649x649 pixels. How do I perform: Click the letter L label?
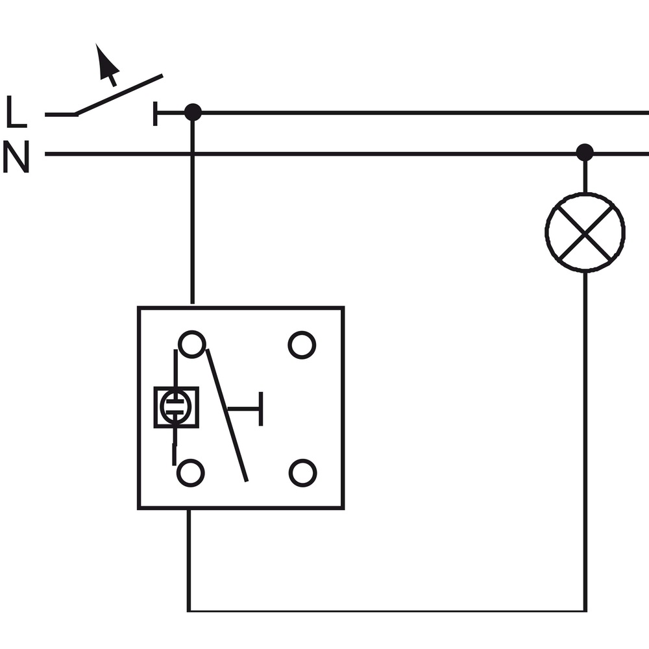click(x=17, y=111)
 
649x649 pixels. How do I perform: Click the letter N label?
click(x=16, y=156)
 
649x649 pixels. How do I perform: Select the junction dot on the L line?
click(x=193, y=112)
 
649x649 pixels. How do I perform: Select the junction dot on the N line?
click(x=585, y=153)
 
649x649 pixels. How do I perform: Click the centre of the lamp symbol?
click(x=585, y=232)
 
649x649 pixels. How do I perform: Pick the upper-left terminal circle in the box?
click(x=191, y=344)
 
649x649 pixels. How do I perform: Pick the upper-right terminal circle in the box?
click(x=302, y=345)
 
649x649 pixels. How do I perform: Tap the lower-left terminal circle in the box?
click(x=190, y=473)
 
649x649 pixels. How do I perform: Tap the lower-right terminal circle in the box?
click(x=302, y=473)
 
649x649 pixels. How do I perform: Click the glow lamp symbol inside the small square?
click(x=176, y=408)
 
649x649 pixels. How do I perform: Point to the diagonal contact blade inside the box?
click(x=227, y=415)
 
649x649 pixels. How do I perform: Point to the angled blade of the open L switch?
click(x=119, y=94)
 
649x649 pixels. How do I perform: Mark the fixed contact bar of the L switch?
click(x=155, y=114)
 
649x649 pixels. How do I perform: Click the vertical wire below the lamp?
click(x=585, y=441)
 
